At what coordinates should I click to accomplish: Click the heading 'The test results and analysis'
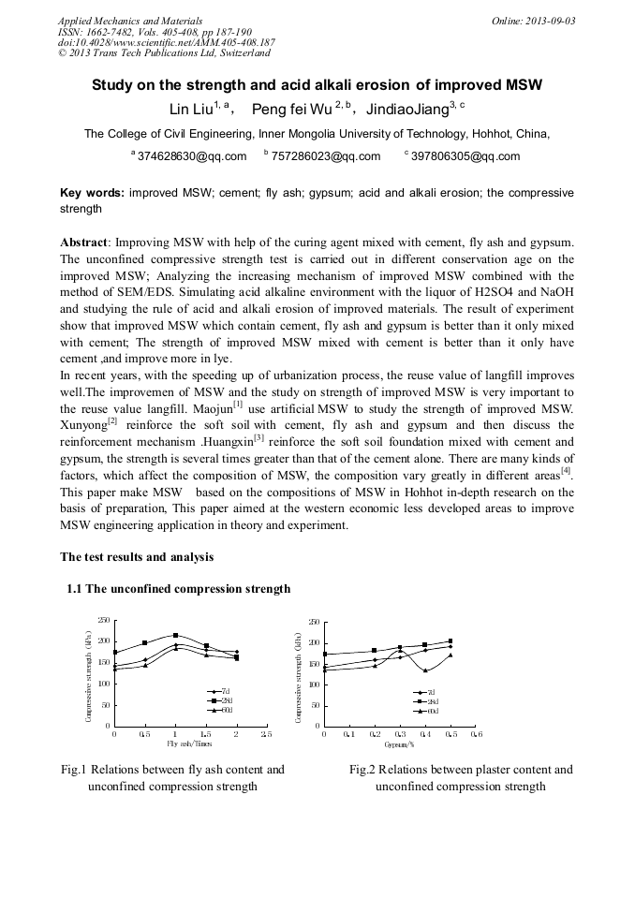pos(137,557)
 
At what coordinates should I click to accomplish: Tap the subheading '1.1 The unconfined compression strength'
pos(178,589)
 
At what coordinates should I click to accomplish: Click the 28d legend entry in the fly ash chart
pos(220,700)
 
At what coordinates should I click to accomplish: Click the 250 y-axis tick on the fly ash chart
pos(104,621)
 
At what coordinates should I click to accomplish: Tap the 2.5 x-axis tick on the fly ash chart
pos(266,735)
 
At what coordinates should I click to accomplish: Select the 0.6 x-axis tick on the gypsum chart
pos(476,735)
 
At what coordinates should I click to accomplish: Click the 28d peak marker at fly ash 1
pos(175,635)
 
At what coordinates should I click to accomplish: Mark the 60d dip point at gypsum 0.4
pos(425,670)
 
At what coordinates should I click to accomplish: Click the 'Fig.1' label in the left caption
pos(74,770)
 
